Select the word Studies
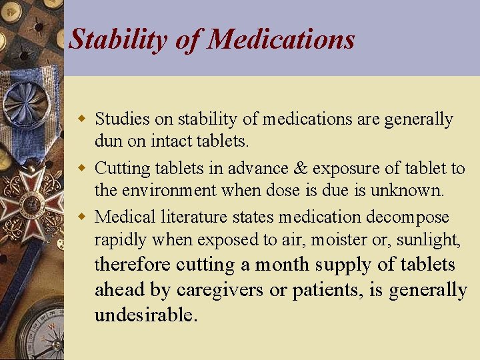122,119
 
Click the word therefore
132,265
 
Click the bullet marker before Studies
83,119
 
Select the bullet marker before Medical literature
83,217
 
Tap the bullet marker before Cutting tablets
83,168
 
